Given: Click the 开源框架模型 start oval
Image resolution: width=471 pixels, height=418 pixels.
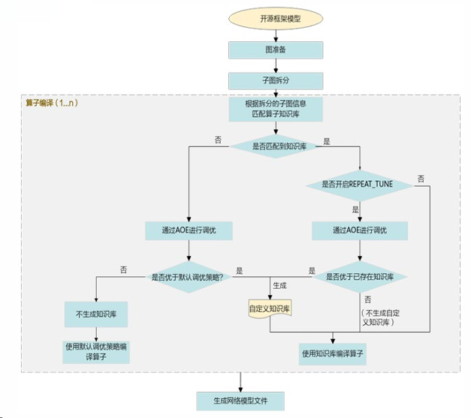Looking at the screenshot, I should click(x=276, y=19).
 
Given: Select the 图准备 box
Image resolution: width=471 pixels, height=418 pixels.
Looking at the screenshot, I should click(x=276, y=50).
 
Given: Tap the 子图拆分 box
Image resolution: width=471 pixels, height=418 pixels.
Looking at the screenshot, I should click(x=276, y=80).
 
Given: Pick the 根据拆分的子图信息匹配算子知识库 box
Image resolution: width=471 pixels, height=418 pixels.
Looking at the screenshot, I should click(x=276, y=110).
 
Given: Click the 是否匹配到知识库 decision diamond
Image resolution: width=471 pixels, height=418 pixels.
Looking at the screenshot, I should click(x=277, y=146).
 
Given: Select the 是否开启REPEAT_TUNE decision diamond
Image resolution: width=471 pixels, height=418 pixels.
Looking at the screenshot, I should click(x=360, y=185).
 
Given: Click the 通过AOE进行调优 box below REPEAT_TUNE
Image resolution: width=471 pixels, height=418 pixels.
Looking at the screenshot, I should click(x=360, y=229).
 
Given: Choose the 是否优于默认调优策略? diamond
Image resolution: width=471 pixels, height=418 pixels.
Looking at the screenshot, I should click(x=188, y=276).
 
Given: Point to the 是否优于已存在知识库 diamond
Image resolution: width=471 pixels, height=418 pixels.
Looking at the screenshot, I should click(x=361, y=276).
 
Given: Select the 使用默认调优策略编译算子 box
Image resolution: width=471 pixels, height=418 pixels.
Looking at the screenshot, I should click(x=96, y=351).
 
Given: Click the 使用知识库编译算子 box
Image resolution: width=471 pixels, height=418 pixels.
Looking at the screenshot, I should click(x=334, y=353).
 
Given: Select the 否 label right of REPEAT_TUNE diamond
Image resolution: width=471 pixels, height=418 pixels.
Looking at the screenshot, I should click(x=421, y=179).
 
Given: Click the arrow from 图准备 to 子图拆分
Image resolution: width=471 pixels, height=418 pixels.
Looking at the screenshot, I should click(x=276, y=65).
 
